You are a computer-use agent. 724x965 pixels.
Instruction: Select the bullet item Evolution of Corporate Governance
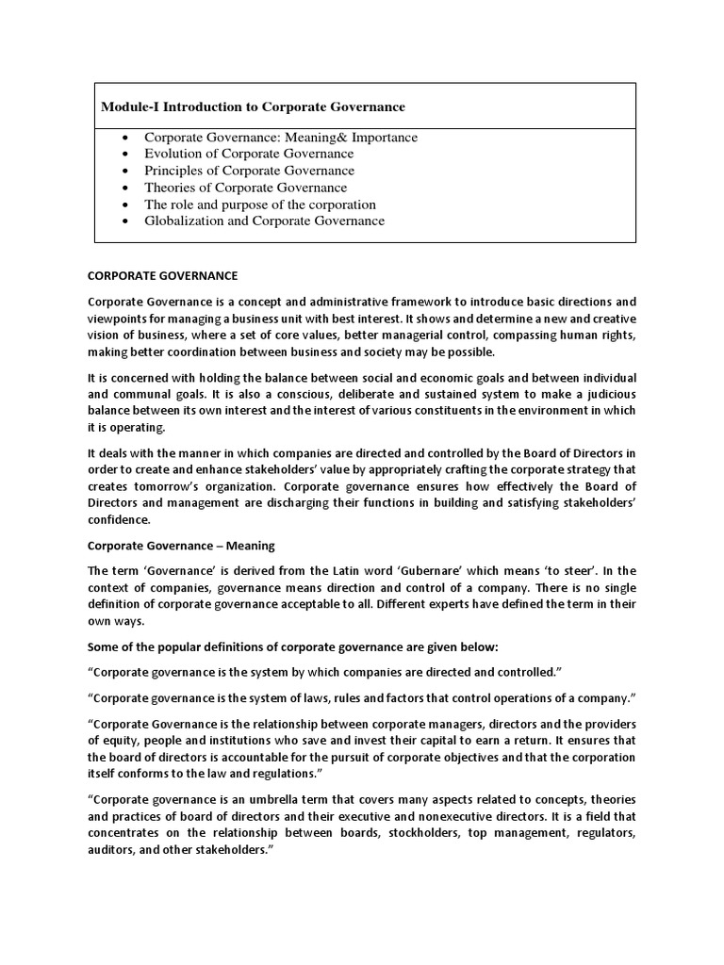click(249, 154)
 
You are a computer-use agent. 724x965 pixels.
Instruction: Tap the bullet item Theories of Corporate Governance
click(245, 188)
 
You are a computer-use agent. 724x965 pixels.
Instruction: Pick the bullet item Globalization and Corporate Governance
click(264, 221)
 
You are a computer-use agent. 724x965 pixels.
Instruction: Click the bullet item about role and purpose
click(259, 204)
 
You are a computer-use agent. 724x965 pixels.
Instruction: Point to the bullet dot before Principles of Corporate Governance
click(125, 172)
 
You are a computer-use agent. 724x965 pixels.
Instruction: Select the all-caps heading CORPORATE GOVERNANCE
click(162, 275)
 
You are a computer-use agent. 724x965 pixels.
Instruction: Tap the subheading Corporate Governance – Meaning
click(168, 545)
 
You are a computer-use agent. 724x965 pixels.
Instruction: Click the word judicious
click(605, 394)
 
